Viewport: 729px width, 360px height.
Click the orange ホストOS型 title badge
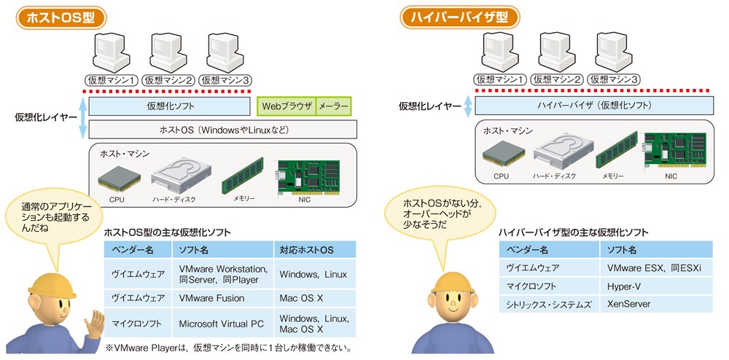click(55, 17)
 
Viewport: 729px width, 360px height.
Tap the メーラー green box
click(333, 106)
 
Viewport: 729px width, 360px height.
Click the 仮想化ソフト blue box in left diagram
click(168, 106)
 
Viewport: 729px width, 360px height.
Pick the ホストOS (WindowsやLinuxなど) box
click(223, 130)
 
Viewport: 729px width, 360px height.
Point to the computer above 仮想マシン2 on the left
click(168, 52)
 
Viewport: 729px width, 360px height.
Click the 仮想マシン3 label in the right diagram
click(616, 79)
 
